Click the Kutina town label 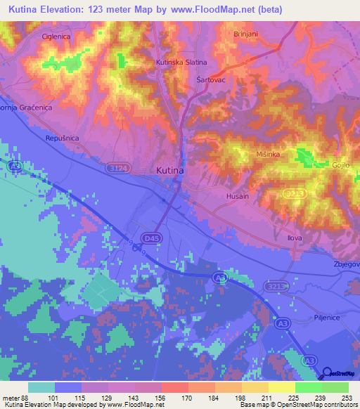169,171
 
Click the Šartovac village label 210,79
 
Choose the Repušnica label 60,138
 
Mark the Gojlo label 342,165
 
